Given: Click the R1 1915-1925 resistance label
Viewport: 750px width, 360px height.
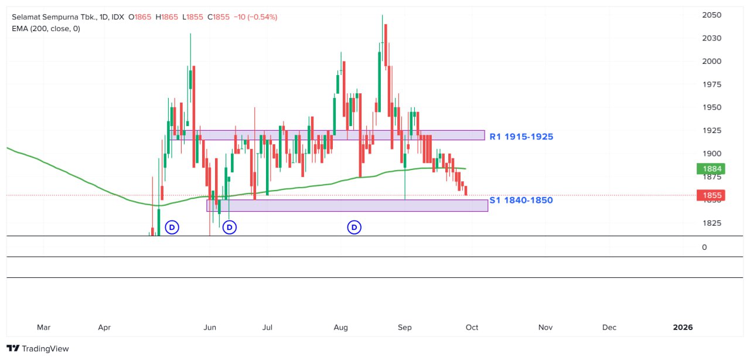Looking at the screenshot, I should coord(521,137).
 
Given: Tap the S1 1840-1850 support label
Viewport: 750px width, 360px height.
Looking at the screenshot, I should coord(521,201).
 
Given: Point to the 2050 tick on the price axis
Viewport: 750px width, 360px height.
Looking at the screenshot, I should coord(711,15).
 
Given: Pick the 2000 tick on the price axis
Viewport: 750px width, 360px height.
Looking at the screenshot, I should coord(711,62).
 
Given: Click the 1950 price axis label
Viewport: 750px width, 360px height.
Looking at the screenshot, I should coord(711,107).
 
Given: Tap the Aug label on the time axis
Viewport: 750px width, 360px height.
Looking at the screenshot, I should coord(340,327).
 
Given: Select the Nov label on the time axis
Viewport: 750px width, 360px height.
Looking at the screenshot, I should coord(545,327).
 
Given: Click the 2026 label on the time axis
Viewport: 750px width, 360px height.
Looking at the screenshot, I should coord(683,327).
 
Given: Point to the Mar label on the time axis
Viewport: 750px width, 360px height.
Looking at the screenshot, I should coord(43,327).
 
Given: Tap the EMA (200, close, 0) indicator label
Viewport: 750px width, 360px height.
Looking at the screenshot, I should coord(46,28).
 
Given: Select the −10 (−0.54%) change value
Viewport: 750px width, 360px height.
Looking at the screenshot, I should coord(255,17).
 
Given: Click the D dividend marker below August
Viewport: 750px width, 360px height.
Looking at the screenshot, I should coord(354,227).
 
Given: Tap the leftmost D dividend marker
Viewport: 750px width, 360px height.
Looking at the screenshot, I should coord(172,227).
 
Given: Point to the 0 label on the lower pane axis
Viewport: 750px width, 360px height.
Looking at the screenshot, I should coord(704,247).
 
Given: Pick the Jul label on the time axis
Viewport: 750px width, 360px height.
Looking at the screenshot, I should coord(268,327).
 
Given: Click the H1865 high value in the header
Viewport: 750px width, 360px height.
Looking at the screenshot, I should coord(168,17).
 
